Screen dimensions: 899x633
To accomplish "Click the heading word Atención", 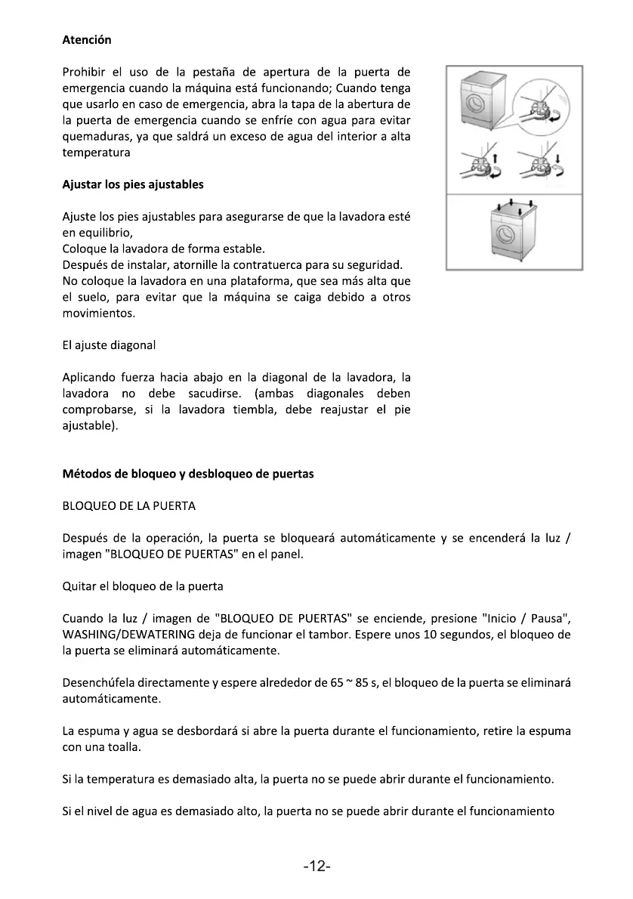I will coord(86,39).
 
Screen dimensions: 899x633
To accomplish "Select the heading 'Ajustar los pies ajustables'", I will coord(132,184).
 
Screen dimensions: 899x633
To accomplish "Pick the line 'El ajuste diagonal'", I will coord(108,345).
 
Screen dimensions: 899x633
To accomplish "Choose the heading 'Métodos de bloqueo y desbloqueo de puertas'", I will coord(187,474).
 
